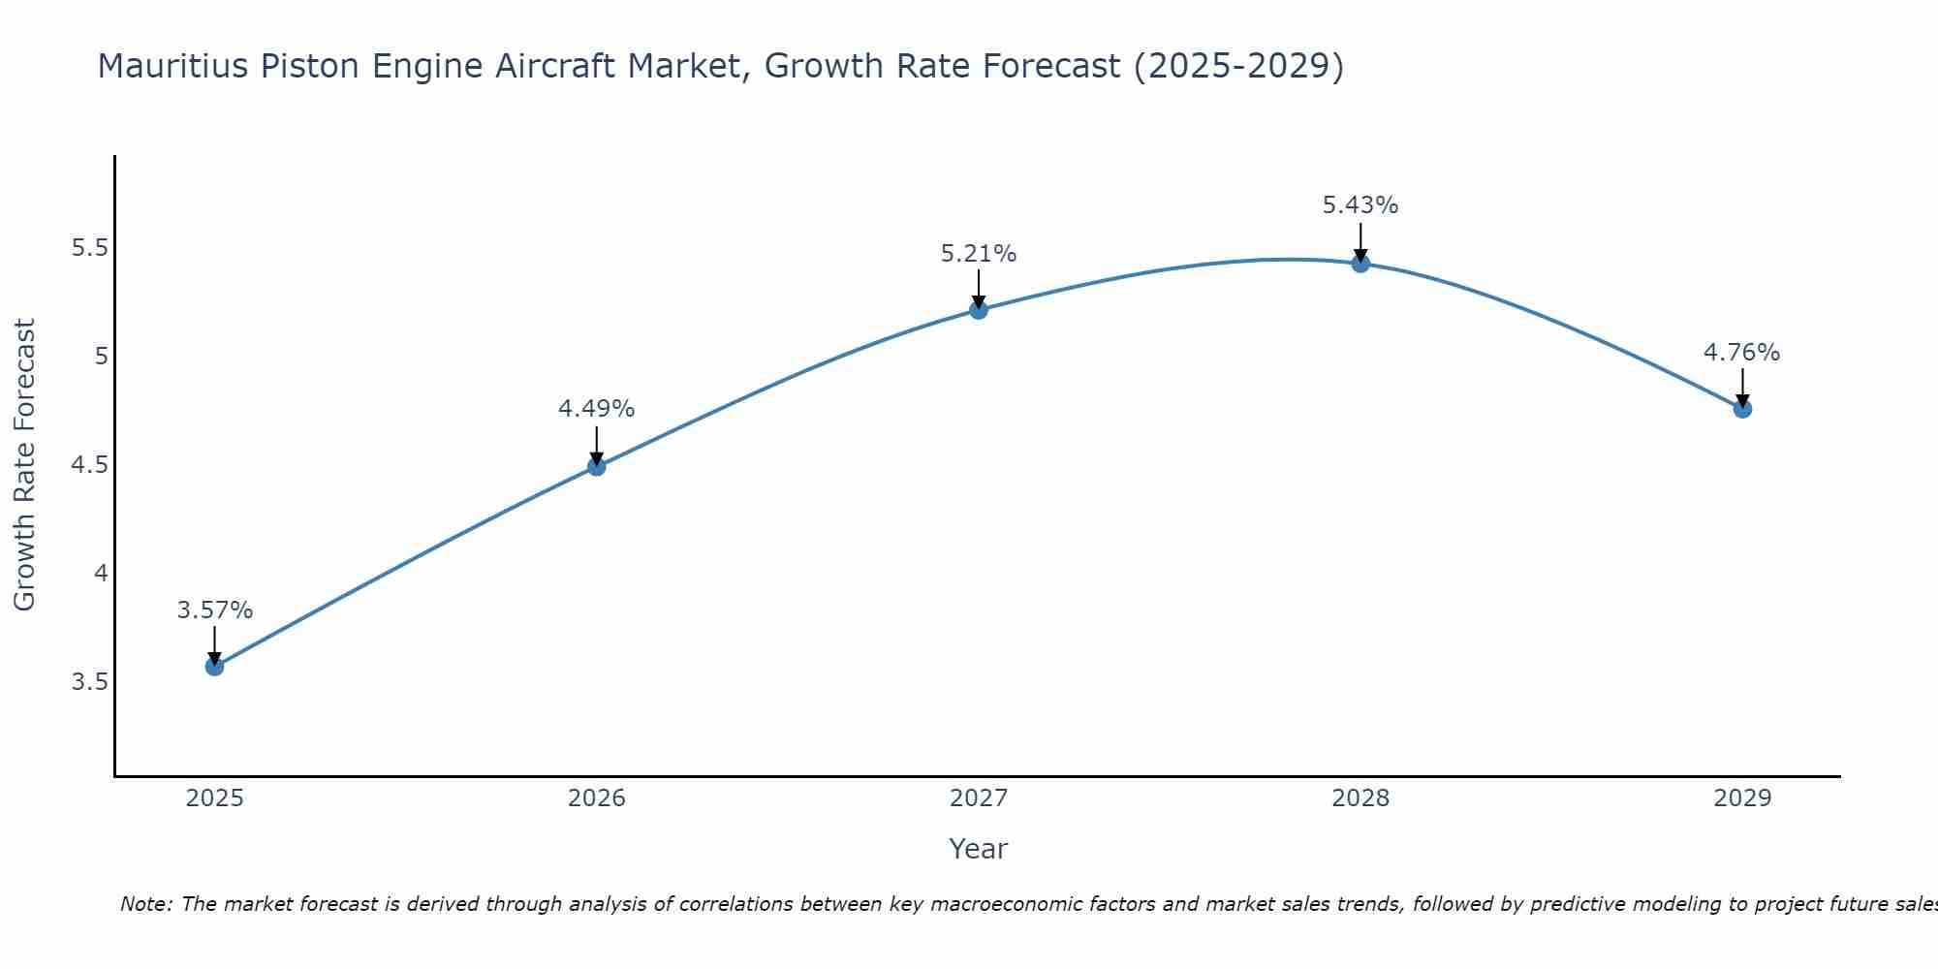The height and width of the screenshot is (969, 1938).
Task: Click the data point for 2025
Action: [214, 667]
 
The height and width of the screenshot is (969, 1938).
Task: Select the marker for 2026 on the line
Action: [596, 467]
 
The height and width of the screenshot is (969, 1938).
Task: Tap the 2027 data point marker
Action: [979, 310]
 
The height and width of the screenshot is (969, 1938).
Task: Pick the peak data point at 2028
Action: [1360, 264]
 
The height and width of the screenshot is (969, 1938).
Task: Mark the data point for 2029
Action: [1742, 409]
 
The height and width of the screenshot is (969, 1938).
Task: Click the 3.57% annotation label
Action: [214, 610]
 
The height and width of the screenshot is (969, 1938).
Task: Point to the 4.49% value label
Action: [596, 409]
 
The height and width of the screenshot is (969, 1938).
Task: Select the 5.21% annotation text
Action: [979, 254]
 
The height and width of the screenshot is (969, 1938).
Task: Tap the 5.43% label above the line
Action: [1360, 205]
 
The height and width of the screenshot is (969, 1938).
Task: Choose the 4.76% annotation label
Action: [1742, 353]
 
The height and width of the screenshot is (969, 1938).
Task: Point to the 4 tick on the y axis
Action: [100, 574]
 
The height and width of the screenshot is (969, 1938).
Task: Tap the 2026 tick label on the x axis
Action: [596, 798]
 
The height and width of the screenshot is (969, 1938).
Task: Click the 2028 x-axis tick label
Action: [1360, 798]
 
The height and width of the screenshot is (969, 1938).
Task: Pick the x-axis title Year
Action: [979, 849]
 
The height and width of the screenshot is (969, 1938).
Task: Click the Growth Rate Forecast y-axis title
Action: [25, 465]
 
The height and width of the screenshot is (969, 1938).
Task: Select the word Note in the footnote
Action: [145, 905]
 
